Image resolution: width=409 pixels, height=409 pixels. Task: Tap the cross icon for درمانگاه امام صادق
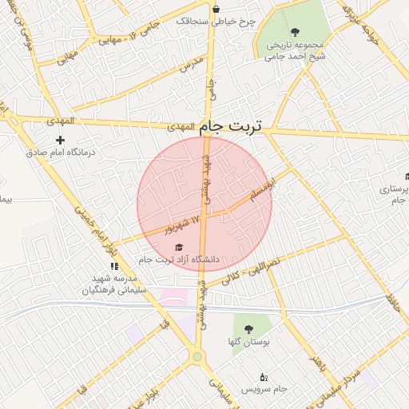(60, 141)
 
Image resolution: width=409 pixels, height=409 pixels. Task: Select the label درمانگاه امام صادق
(60, 152)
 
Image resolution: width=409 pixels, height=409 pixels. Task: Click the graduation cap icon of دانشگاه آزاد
(179, 247)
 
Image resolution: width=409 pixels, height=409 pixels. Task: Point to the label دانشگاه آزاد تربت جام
(179, 260)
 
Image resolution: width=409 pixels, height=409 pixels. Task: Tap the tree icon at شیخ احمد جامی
(296, 32)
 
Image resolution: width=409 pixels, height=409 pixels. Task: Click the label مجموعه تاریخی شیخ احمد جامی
(296, 50)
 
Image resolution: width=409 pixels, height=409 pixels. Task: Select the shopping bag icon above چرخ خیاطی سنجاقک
(216, 9)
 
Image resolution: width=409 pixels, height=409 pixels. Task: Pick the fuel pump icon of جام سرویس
(264, 377)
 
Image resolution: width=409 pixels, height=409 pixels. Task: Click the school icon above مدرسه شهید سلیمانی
(114, 266)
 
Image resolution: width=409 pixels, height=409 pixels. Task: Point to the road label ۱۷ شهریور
(181, 224)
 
